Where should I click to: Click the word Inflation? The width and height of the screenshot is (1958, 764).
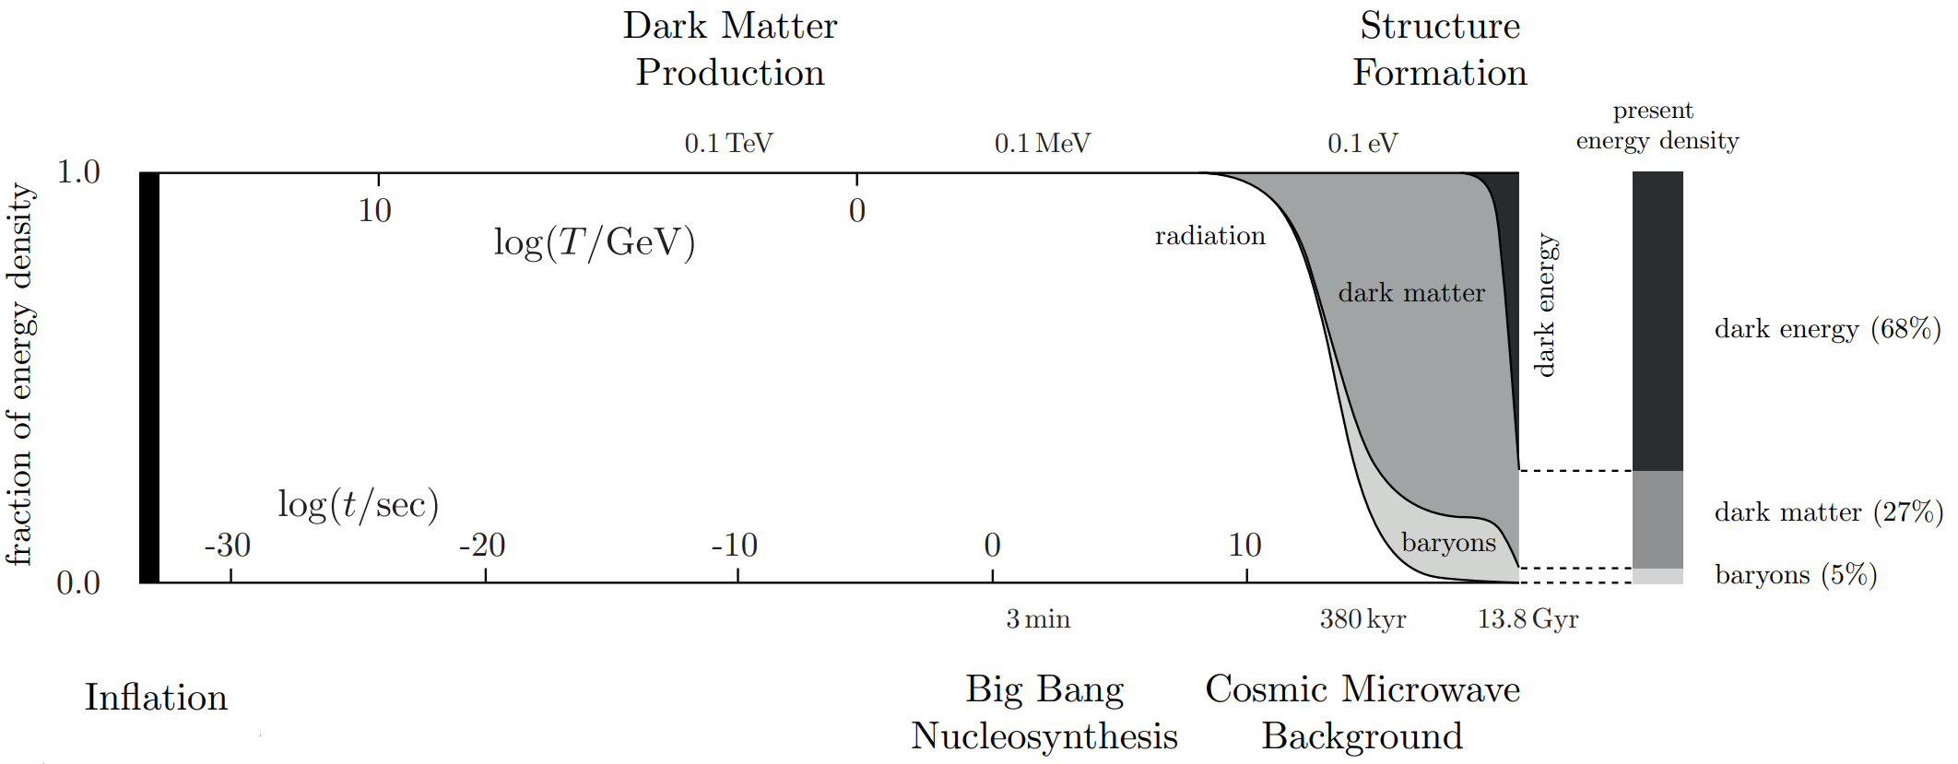pos(156,698)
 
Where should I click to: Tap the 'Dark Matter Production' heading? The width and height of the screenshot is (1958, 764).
pos(730,49)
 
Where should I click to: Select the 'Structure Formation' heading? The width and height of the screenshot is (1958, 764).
pos(1440,49)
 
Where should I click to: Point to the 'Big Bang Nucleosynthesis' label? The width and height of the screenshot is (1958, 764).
pos(1044,712)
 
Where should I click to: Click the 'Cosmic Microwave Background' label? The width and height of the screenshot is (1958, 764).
pos(1362,712)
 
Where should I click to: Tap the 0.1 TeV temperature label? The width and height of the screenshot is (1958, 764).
pos(728,144)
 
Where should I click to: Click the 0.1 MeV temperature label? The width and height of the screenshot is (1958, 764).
pos(1042,144)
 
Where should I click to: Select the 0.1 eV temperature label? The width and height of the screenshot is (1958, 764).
pos(1362,144)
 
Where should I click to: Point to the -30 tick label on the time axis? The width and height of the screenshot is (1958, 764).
pos(228,546)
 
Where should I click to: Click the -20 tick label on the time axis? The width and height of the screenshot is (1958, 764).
pos(482,546)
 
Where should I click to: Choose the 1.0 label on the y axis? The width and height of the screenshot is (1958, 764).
pos(78,171)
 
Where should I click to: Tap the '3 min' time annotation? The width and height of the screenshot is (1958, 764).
pos(1038,619)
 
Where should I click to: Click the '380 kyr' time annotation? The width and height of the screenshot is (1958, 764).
pos(1362,619)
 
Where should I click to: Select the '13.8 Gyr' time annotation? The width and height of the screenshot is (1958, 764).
pos(1527,619)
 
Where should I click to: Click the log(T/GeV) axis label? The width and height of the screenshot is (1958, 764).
pos(595,243)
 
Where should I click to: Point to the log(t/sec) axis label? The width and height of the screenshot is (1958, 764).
pos(358,505)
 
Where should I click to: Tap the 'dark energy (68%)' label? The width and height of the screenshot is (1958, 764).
pos(1827,329)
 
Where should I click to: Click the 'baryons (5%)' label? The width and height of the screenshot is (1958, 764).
pos(1796,575)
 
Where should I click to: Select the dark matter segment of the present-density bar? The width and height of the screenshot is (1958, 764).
pos(1657,519)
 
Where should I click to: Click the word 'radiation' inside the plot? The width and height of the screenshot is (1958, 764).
pos(1209,237)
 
